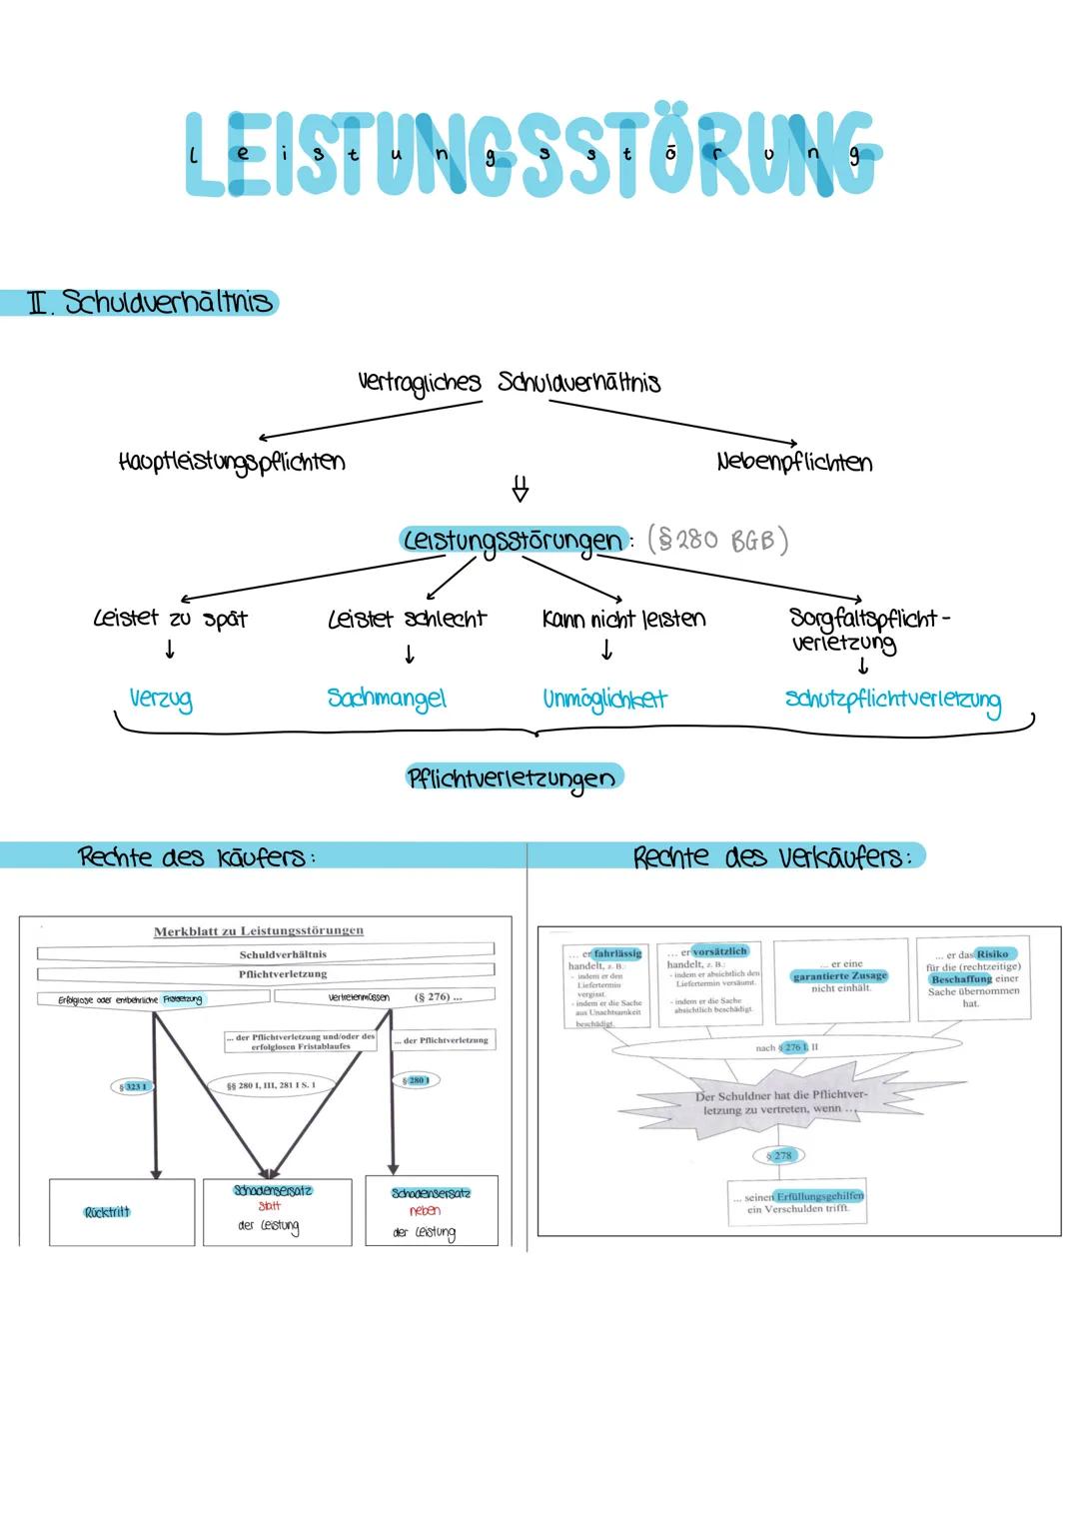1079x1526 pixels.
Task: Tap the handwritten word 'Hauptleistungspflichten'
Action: tap(231, 463)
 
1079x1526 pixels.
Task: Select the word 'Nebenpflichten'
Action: tap(794, 463)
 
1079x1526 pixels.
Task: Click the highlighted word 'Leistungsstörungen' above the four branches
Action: tap(513, 541)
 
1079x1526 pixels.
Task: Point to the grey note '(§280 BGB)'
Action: tap(717, 541)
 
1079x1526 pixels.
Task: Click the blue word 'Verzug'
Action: tap(161, 699)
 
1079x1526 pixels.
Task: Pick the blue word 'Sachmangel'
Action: tap(387, 699)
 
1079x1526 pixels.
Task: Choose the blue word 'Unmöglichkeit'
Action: tap(604, 699)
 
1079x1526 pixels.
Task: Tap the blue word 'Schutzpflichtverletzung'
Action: tap(892, 701)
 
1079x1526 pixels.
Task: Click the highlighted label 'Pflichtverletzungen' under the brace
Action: tap(513, 777)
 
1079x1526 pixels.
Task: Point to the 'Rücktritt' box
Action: tap(108, 1212)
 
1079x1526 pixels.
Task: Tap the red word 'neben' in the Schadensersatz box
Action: tap(426, 1210)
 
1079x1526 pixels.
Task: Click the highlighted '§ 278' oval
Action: tap(779, 1155)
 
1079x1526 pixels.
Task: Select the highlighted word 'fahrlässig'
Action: tap(616, 954)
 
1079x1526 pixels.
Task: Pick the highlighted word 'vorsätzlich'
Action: tap(718, 951)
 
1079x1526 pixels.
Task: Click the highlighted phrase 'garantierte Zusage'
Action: tap(839, 975)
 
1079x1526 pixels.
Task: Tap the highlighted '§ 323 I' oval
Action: tap(133, 1086)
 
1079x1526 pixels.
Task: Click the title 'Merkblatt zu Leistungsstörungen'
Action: tap(258, 931)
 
